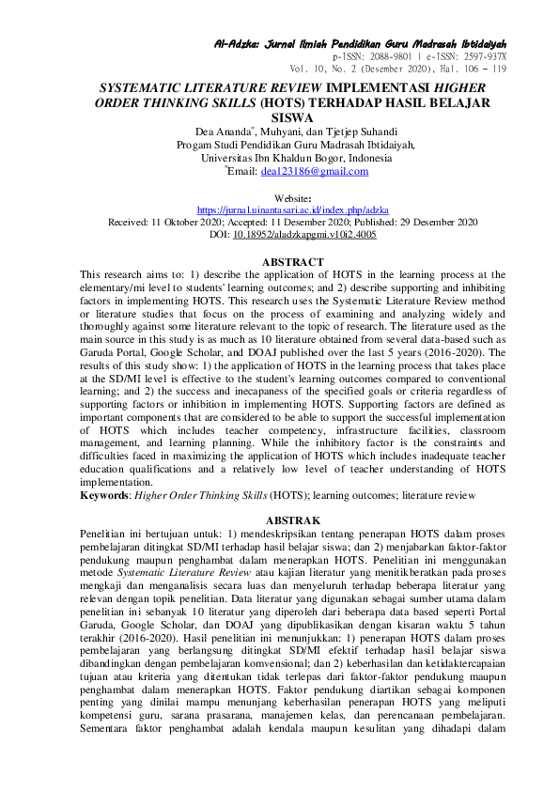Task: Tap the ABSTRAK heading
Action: (x=294, y=520)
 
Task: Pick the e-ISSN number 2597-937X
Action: (x=481, y=56)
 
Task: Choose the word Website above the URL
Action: (x=292, y=197)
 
